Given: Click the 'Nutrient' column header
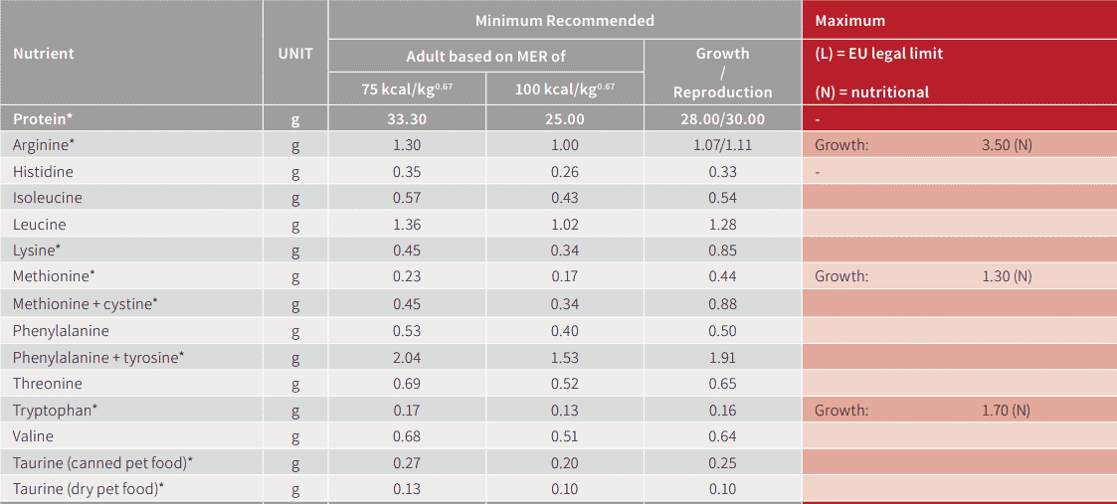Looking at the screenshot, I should [x=44, y=54].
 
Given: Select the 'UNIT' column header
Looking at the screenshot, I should [x=294, y=54].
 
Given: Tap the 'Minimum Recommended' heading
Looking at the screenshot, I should [x=564, y=20].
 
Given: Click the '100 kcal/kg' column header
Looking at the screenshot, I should [x=564, y=89].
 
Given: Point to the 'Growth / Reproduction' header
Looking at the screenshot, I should [x=722, y=73].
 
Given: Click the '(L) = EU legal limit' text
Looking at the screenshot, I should [x=878, y=54].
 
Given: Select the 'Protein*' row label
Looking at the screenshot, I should [x=43, y=119].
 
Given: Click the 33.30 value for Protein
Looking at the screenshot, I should [x=406, y=119].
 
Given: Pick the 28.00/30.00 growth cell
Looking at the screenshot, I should [x=722, y=119].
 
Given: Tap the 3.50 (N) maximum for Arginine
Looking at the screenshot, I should [x=1007, y=145].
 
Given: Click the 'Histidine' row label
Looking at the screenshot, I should [x=43, y=172].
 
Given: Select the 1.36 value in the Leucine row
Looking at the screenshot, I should [x=406, y=225].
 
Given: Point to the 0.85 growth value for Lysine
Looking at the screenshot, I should [x=722, y=251].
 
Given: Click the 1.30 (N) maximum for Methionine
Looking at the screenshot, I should [x=1007, y=276].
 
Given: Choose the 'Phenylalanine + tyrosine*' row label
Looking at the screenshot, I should [x=98, y=357].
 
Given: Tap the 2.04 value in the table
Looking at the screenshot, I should [x=406, y=357].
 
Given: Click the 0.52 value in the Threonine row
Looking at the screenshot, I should [x=564, y=384].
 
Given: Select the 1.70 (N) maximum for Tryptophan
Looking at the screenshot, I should [x=1007, y=410].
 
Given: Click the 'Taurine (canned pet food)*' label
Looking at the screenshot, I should [x=102, y=462].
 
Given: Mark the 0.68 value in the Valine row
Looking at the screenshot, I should [x=406, y=436].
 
